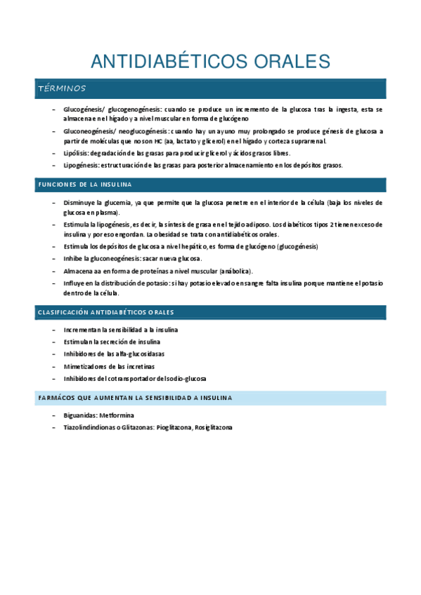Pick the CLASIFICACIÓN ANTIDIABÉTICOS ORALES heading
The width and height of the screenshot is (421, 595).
click(x=105, y=312)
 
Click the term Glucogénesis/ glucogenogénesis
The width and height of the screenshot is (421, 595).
click(x=112, y=110)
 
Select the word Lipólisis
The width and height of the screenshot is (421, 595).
click(x=75, y=152)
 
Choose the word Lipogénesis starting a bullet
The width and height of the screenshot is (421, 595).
click(x=80, y=166)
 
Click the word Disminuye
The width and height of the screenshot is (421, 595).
click(x=80, y=203)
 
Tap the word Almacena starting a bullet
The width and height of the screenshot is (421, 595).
click(x=78, y=271)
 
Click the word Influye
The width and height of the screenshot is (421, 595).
click(x=75, y=283)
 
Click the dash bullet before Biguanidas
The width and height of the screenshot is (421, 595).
click(x=55, y=415)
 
